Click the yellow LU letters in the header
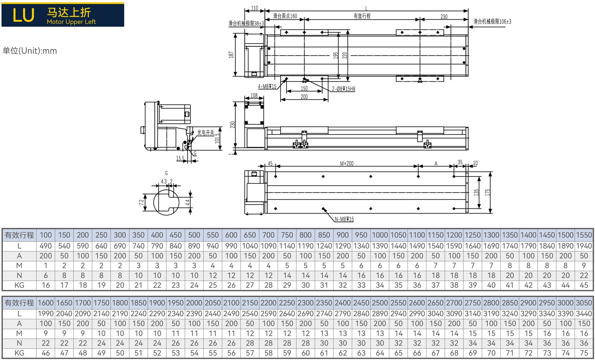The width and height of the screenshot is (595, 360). (23, 15)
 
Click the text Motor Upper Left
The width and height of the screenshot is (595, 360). (71, 22)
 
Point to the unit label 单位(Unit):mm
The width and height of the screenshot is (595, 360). (30, 50)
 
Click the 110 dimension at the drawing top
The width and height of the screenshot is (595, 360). (255, 8)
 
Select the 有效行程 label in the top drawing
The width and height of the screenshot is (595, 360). (362, 16)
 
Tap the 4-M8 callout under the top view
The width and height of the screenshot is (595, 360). (267, 86)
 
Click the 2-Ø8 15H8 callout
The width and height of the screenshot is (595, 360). (344, 89)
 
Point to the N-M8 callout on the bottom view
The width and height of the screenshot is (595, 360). (344, 219)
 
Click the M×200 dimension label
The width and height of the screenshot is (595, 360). (347, 163)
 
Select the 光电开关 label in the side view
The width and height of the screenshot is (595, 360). (205, 132)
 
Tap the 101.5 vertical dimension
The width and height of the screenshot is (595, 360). (217, 139)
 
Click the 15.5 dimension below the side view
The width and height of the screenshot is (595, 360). (180, 159)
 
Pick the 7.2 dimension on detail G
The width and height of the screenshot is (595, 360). (141, 202)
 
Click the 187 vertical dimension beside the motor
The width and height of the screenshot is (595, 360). (231, 55)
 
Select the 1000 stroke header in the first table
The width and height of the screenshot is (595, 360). (380, 235)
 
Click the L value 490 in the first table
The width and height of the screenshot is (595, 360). (46, 246)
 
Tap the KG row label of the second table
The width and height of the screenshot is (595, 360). (19, 353)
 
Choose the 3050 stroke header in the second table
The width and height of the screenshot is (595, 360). (584, 303)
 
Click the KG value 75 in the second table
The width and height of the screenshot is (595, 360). (584, 353)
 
